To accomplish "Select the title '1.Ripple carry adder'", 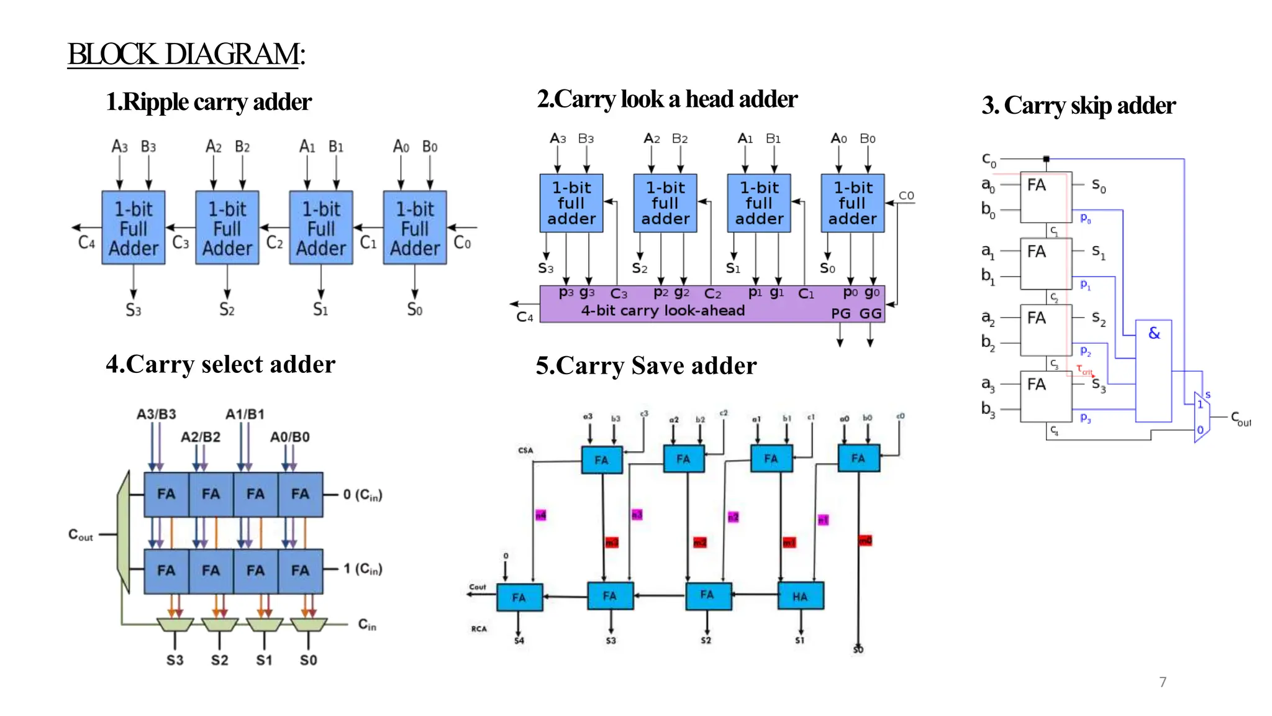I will point(209,102).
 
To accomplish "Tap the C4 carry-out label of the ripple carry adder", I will point(86,242).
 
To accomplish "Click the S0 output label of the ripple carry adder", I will point(414,309).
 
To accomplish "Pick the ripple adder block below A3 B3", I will point(134,228).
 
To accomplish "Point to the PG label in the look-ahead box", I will point(841,314).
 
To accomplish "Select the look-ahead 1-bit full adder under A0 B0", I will point(852,203).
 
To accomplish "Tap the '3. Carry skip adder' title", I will point(1078,106).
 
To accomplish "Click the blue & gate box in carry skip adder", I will point(1153,370).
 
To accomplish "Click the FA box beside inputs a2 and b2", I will point(1046,330).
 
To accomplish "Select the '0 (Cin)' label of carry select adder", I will point(363,495).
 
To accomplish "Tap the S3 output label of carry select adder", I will point(175,660).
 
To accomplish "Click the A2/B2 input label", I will point(200,437).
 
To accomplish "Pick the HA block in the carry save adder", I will point(801,596).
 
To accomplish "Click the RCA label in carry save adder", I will point(479,629).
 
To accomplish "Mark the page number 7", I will point(1163,682).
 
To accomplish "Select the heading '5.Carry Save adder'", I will point(646,365).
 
